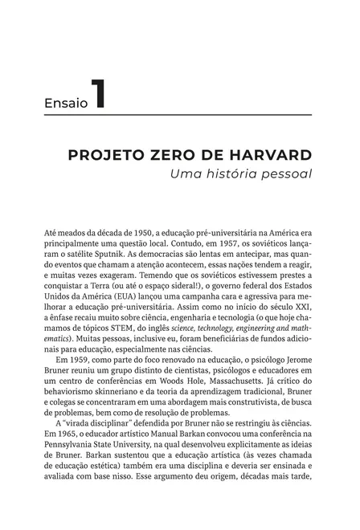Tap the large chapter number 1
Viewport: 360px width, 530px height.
(x=97, y=95)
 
